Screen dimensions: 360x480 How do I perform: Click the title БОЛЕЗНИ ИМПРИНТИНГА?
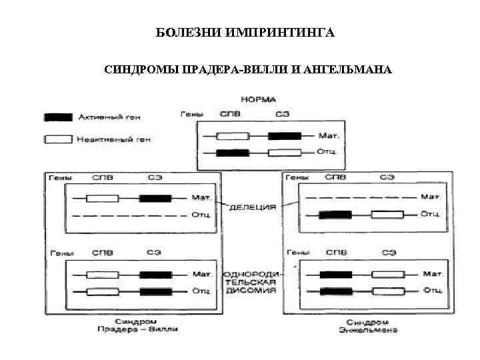[240, 33]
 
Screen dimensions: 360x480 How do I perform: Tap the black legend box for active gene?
[57, 117]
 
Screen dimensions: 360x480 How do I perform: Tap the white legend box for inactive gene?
[57, 140]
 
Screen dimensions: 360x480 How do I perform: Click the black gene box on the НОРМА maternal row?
[283, 136]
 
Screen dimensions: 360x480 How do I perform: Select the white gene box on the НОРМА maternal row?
[233, 136]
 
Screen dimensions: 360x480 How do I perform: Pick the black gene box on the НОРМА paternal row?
[233, 153]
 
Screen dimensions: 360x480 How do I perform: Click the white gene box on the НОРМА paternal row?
[283, 153]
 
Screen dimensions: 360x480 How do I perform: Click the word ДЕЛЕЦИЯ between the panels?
[253, 207]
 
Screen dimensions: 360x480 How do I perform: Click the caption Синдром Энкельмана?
[368, 325]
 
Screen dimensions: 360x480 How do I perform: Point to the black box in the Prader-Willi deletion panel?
[155, 198]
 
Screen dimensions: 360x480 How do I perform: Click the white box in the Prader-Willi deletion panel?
[103, 198]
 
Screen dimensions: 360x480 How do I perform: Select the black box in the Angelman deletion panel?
[335, 215]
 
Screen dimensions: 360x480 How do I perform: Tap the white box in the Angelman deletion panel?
[387, 215]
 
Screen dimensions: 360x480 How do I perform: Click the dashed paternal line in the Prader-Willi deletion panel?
[127, 215]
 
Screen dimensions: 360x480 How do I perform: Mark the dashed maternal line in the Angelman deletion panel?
[360, 197]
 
